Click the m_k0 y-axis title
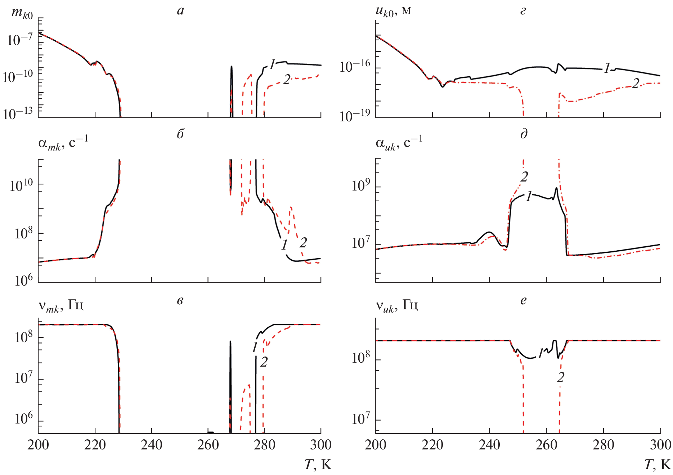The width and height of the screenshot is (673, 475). point(22,13)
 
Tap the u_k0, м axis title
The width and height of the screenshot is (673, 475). point(393,12)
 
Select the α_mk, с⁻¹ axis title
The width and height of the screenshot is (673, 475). point(63,143)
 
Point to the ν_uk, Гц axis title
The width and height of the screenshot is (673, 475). point(396,306)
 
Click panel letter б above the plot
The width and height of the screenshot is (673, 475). point(180,134)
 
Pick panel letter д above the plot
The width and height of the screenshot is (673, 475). point(524,134)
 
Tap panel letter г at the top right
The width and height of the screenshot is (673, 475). point(523,11)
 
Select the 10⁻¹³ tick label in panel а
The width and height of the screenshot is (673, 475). point(18,113)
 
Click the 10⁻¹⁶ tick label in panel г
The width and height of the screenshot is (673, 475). point(355,66)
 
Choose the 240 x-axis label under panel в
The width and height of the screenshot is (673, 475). point(151,445)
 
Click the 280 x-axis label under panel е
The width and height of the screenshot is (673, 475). point(604,445)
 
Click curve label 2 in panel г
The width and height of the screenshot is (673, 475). point(636,84)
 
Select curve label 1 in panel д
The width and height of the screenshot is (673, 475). point(528,196)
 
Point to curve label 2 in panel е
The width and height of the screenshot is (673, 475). point(560,377)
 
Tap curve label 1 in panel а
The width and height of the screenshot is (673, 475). point(272,64)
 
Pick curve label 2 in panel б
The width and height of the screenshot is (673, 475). point(303,243)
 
